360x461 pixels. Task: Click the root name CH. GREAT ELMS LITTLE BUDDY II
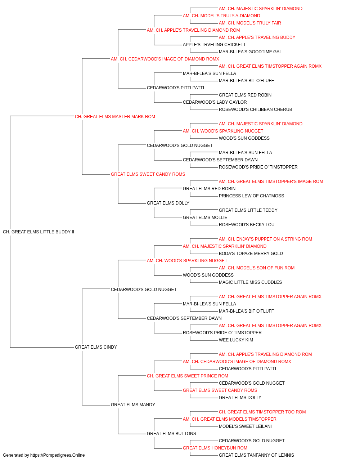(39, 232)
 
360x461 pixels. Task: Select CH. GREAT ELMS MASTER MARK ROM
(115, 117)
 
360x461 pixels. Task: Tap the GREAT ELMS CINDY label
(96, 347)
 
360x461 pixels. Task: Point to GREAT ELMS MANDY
(133, 405)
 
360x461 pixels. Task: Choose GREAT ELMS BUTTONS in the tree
(171, 433)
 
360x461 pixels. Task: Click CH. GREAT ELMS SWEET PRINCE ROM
(188, 376)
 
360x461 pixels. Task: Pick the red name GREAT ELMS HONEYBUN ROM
(215, 448)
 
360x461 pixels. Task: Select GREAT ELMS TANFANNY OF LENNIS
(256, 455)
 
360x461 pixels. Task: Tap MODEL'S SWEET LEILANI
(245, 426)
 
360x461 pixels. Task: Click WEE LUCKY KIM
(236, 340)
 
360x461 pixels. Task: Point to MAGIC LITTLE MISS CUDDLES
(250, 282)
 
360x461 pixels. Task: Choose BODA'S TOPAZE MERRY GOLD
(251, 254)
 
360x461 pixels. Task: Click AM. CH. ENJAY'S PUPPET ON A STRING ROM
(265, 239)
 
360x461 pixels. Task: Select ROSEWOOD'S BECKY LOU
(247, 225)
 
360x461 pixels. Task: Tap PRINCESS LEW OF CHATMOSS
(251, 196)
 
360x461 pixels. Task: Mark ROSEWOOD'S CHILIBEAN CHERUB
(255, 109)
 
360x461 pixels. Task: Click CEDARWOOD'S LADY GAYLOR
(215, 102)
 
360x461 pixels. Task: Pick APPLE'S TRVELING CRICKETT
(214, 45)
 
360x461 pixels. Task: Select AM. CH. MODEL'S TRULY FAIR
(250, 23)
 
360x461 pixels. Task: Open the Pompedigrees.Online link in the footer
(57, 455)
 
